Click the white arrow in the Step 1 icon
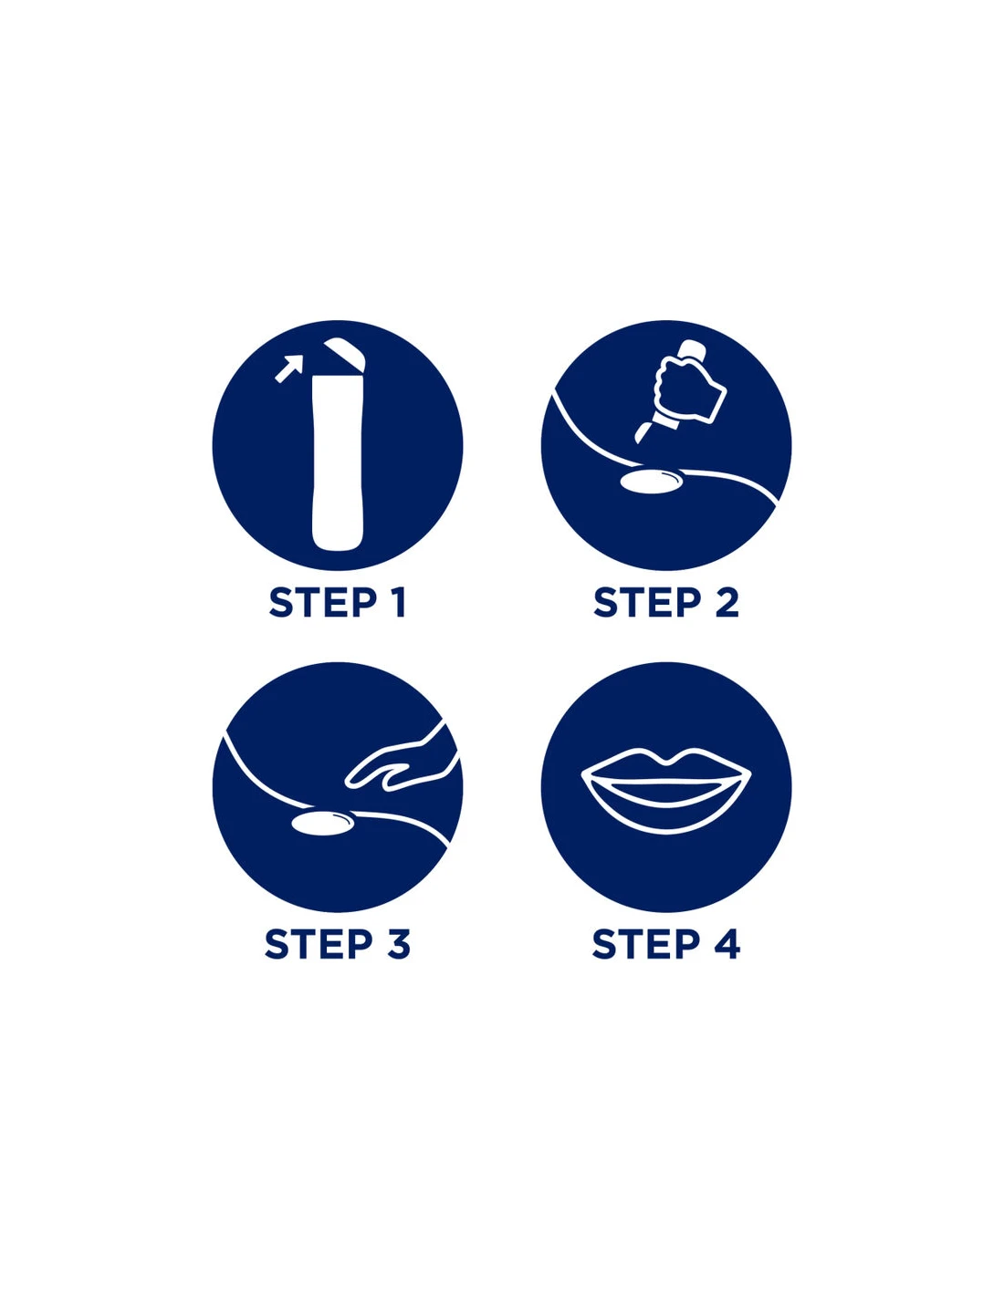coord(288,368)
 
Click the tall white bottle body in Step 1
coord(338,462)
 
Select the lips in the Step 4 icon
coord(666,787)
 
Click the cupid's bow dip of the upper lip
coord(666,761)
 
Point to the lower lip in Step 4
coord(666,814)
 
